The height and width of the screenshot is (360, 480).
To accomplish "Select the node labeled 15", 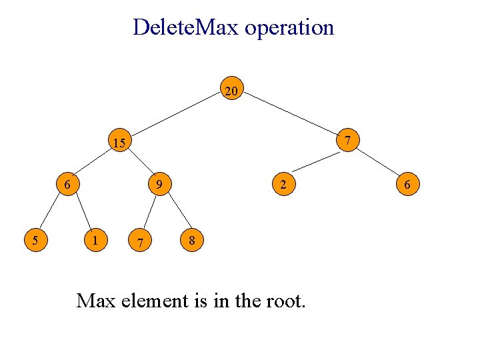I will coord(119,143).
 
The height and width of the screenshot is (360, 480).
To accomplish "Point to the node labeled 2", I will coord(283,184).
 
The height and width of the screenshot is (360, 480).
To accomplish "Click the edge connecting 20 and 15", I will coord(175,117).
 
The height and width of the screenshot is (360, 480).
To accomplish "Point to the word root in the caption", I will coord(283,301).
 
